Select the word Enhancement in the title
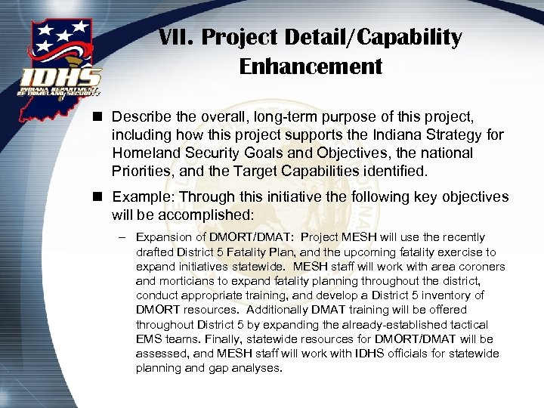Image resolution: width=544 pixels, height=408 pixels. [x=311, y=66]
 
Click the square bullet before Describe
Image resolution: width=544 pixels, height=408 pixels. [x=99, y=117]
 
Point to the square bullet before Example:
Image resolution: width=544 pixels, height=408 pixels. [x=99, y=197]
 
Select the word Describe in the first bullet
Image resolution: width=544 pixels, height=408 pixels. [x=140, y=117]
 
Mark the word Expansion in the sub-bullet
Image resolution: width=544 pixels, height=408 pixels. [x=164, y=238]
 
